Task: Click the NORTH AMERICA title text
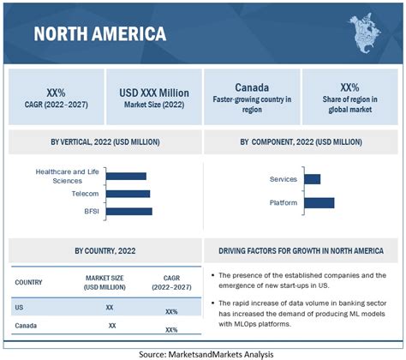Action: (100, 33)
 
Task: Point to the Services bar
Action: (312, 179)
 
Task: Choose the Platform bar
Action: (319, 202)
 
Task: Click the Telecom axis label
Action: (85, 194)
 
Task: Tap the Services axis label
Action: (283, 179)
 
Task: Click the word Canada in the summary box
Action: (253, 87)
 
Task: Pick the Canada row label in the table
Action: (27, 326)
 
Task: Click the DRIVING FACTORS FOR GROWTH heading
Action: (303, 250)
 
